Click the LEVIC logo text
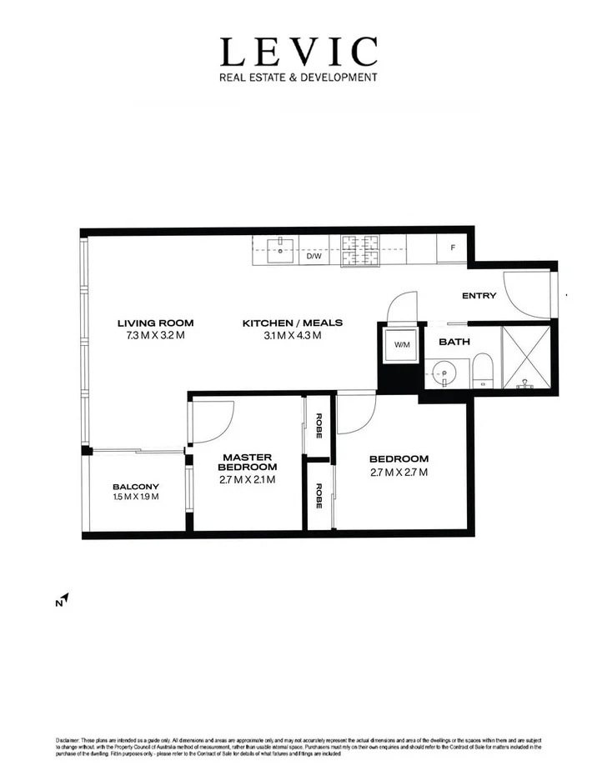click(x=298, y=53)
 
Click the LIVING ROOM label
click(x=155, y=323)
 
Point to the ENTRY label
click(x=479, y=296)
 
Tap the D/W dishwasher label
click(x=314, y=256)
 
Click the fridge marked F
click(x=452, y=248)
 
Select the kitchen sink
click(x=281, y=248)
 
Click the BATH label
click(x=454, y=342)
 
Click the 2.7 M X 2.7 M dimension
click(x=399, y=473)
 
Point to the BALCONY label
click(x=135, y=487)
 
